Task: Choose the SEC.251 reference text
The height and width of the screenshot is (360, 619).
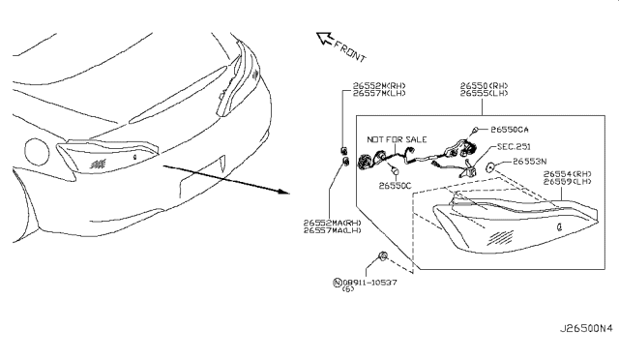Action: [516, 146]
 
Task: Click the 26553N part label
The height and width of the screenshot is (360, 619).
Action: [530, 162]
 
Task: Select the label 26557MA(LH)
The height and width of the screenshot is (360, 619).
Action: [333, 230]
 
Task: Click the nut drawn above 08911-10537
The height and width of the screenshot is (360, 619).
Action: [383, 258]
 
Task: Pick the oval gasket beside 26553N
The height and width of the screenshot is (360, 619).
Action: [492, 167]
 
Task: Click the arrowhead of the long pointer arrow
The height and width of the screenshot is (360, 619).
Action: [284, 191]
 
